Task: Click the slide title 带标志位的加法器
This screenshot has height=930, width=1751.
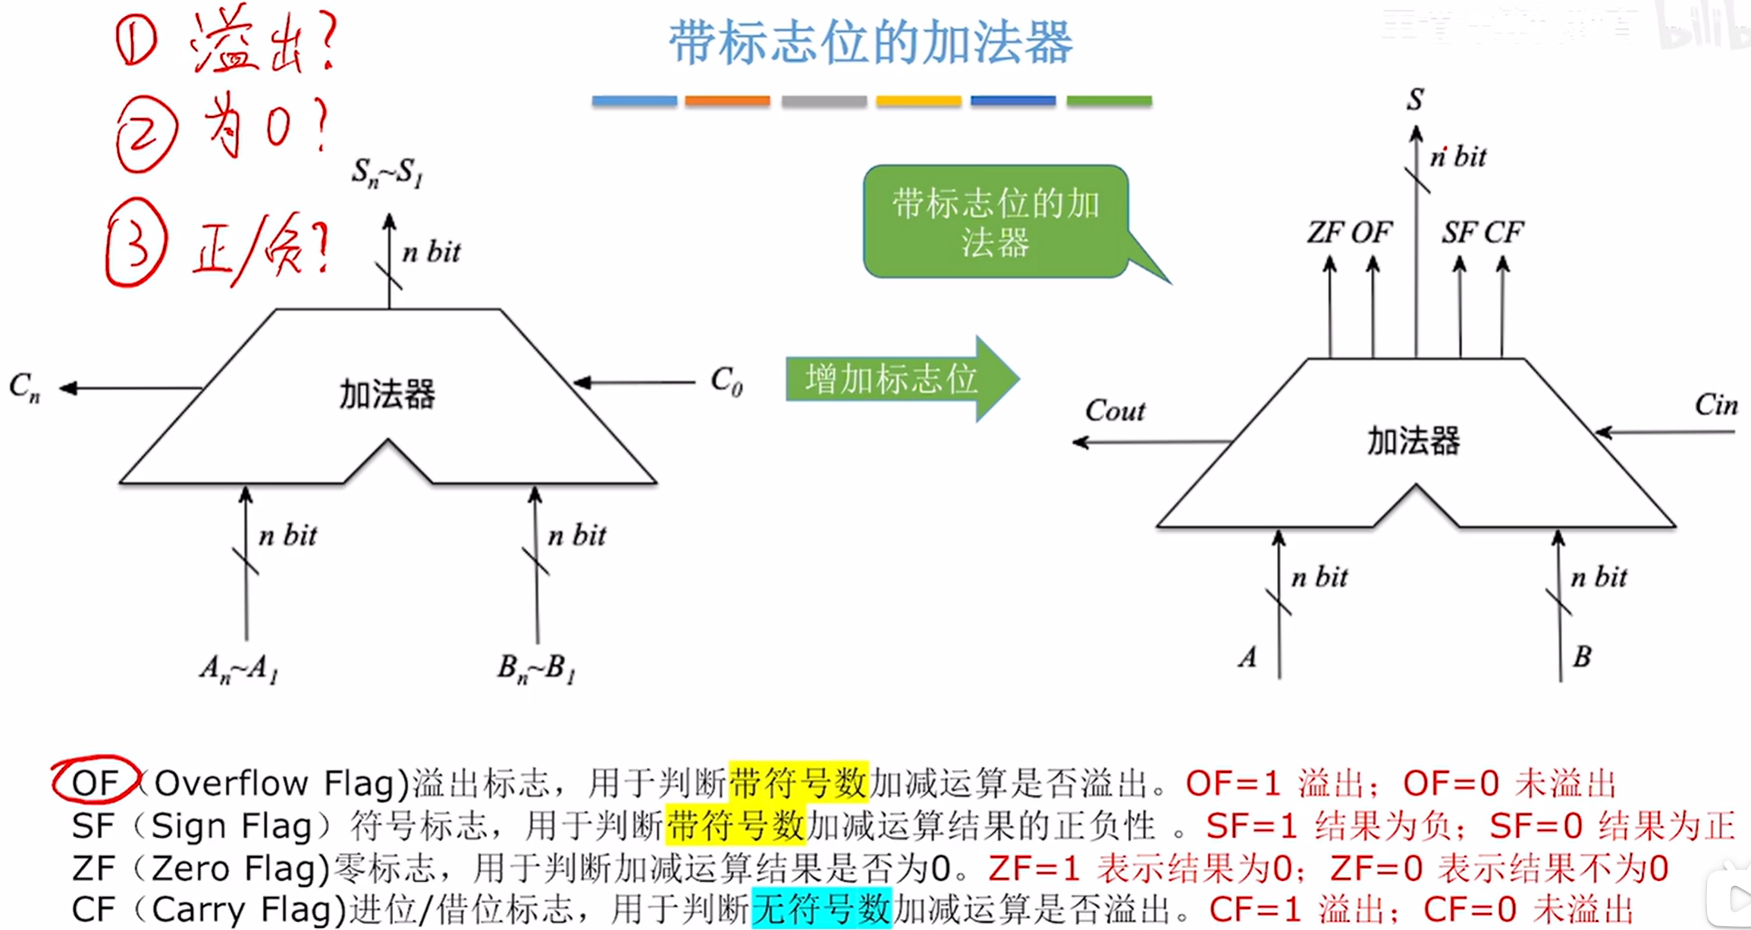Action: coord(871,43)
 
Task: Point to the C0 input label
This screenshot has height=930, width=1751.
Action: coord(726,381)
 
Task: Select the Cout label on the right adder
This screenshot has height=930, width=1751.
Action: coord(1115,411)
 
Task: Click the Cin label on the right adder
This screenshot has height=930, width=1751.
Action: coord(1716,405)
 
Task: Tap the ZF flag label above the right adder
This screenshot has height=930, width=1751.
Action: coord(1325,233)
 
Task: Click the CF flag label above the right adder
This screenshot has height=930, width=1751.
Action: coord(1503,233)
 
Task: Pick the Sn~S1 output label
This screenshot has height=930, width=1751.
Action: coord(387,173)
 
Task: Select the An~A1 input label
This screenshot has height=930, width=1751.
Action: coord(239,668)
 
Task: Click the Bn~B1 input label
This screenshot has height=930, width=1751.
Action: coord(536,668)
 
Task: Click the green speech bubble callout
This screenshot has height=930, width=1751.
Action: coord(996,222)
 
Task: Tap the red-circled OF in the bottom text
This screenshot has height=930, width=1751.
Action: coord(95,782)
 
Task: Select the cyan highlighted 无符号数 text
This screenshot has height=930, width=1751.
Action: coord(821,909)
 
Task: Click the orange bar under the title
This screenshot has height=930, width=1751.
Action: coord(727,101)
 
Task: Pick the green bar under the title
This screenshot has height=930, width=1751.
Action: coord(1109,101)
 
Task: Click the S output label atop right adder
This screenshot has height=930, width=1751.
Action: coord(1415,100)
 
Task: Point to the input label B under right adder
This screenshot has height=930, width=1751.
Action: coord(1581,656)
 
